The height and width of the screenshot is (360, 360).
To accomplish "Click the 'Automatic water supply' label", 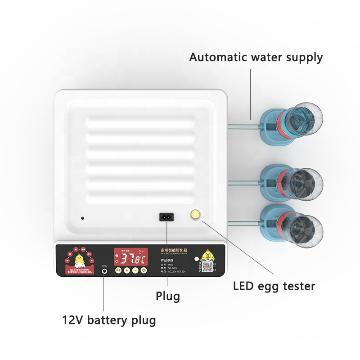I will point(256,58).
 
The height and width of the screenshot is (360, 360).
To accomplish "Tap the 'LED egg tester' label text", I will point(274,286).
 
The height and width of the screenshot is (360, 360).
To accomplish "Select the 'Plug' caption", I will point(168,296).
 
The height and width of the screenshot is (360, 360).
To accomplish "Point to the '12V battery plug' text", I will point(109,320).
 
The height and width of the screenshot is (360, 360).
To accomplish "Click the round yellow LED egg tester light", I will point(196,215).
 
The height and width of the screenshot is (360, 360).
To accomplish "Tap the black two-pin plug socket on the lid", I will point(166,217).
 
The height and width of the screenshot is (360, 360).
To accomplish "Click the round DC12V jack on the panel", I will point(104,271).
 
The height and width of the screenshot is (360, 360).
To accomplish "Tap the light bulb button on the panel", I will point(144,270).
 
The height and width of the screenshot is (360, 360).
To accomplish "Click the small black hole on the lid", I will point(82,218).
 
